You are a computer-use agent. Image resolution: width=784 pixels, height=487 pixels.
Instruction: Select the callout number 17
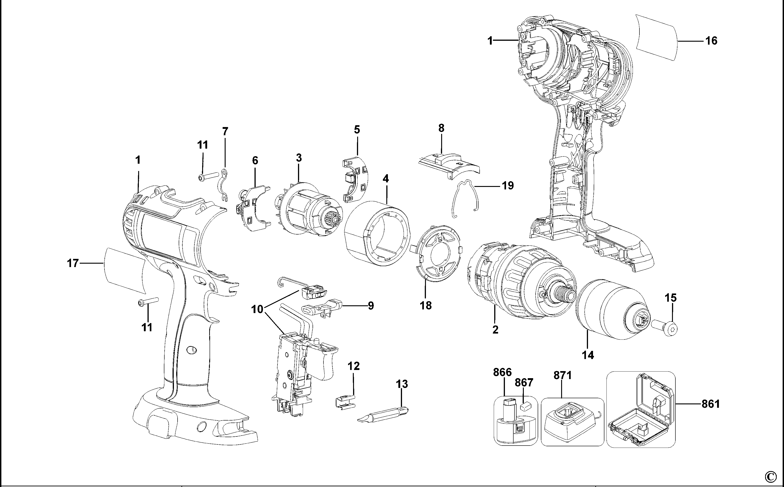[x=73, y=263]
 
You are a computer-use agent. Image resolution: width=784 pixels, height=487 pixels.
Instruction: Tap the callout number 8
[x=441, y=128]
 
